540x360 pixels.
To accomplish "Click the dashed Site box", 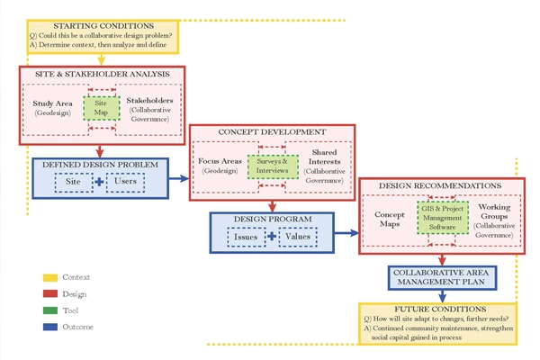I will tap(72, 182).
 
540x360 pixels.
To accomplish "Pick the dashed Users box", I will tap(126, 182).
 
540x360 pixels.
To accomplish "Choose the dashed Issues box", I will tap(245, 238).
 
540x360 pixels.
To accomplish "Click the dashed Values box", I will tap(298, 238).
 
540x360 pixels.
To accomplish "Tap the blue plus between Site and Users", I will tap(99, 182).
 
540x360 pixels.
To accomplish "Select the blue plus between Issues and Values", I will tap(271, 238).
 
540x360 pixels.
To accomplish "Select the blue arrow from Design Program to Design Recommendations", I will tap(343, 233).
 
